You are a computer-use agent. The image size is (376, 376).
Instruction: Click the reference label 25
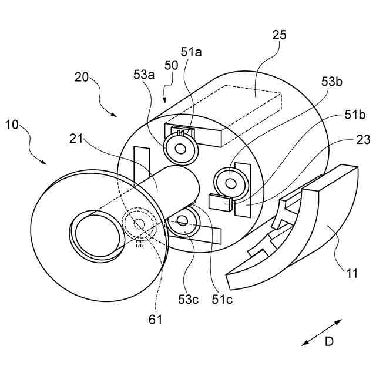(x=280, y=35)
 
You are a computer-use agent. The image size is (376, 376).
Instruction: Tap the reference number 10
(x=14, y=125)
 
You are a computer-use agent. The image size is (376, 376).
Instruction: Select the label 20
(x=82, y=77)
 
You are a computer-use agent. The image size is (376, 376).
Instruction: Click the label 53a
(x=144, y=75)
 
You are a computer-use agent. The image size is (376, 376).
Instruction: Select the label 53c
(x=189, y=299)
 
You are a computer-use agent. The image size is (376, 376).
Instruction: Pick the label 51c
(x=222, y=299)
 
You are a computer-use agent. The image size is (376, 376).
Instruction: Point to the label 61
(x=155, y=320)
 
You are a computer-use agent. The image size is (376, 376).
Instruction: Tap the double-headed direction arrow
(x=321, y=332)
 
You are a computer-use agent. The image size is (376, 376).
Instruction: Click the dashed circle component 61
(x=139, y=224)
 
